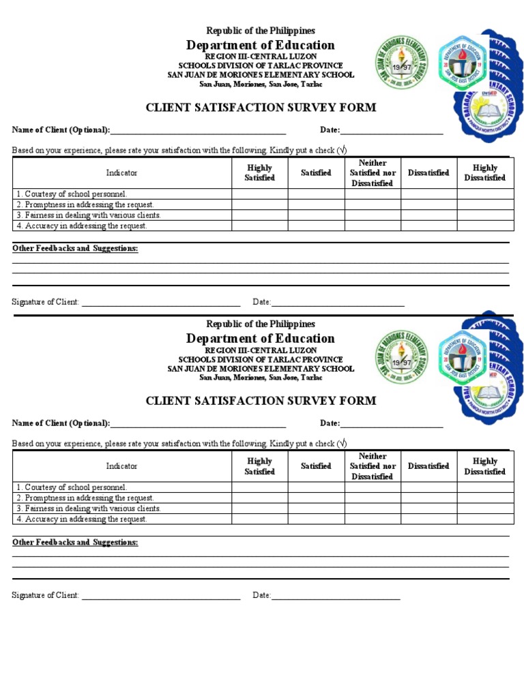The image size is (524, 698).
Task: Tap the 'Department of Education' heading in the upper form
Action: [261, 45]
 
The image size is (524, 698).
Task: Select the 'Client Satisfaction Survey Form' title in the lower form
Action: [261, 401]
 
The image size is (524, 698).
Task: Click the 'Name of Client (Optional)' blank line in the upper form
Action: [198, 132]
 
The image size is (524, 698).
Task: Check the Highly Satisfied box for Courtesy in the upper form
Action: [259, 194]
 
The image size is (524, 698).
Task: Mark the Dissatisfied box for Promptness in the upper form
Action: [428, 204]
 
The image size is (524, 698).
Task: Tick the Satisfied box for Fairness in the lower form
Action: [316, 509]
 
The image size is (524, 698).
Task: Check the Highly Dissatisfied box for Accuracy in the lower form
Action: [485, 519]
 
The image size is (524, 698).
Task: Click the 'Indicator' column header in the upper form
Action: [121, 173]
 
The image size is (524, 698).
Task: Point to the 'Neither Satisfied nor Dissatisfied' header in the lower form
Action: [373, 466]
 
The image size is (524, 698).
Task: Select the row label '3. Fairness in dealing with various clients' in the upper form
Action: [89, 215]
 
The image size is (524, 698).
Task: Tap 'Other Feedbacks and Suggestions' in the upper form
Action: [75, 249]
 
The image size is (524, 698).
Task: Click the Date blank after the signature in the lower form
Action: [336, 596]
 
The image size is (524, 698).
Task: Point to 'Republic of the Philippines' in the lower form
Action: [261, 324]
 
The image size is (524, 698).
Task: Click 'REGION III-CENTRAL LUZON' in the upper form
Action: [261, 56]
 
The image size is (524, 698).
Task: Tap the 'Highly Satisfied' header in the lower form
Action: [259, 466]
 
